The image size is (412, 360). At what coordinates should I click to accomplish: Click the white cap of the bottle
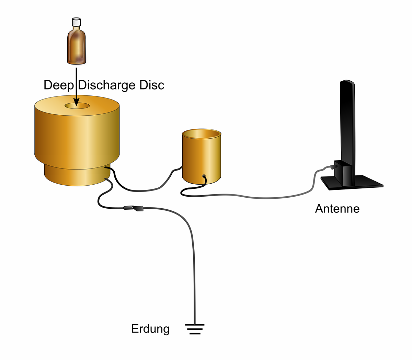76,22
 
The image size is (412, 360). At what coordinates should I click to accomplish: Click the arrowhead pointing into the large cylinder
76,102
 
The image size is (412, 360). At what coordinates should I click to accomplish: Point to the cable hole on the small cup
204,176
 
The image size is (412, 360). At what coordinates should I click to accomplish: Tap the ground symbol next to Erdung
195,329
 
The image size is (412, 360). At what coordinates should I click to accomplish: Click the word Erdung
150,329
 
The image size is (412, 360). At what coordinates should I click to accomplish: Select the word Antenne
337,209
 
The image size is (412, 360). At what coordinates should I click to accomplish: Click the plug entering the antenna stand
331,167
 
